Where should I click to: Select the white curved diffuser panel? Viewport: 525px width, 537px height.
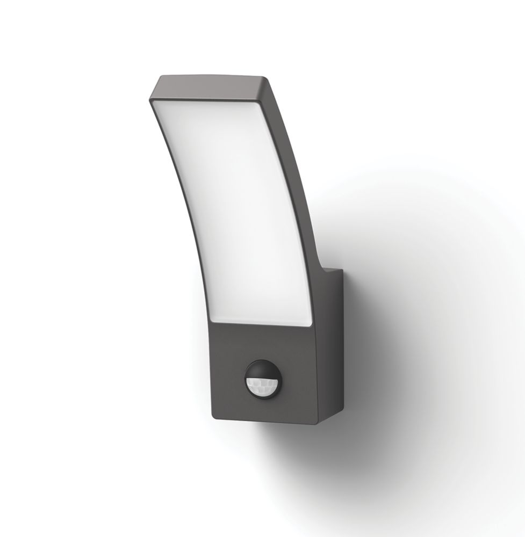point(242,215)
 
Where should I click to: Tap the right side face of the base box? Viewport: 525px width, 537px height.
point(328,344)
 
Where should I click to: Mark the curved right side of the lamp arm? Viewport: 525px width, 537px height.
point(301,188)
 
